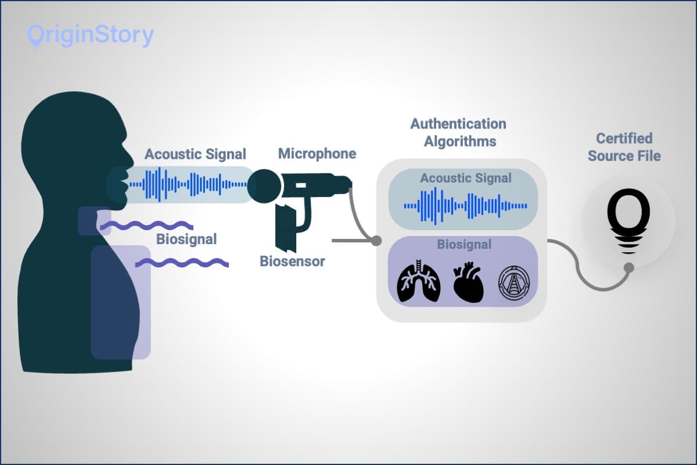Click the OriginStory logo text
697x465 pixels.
pos(91,36)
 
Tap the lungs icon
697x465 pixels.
pos(418,282)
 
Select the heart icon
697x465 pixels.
pos(468,282)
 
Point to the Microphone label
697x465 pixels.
pos(317,153)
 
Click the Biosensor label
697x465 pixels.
pos(292,261)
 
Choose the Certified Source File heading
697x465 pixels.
pos(624,147)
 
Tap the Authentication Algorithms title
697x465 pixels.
pos(458,133)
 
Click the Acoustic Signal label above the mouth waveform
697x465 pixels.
pos(195,154)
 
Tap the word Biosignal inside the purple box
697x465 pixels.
pos(464,245)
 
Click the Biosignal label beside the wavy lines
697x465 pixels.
pos(186,239)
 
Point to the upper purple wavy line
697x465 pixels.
pos(146,224)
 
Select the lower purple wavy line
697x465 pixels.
pos(182,264)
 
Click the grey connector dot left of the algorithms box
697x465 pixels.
pos(376,240)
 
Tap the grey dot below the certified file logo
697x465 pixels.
pos(628,267)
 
